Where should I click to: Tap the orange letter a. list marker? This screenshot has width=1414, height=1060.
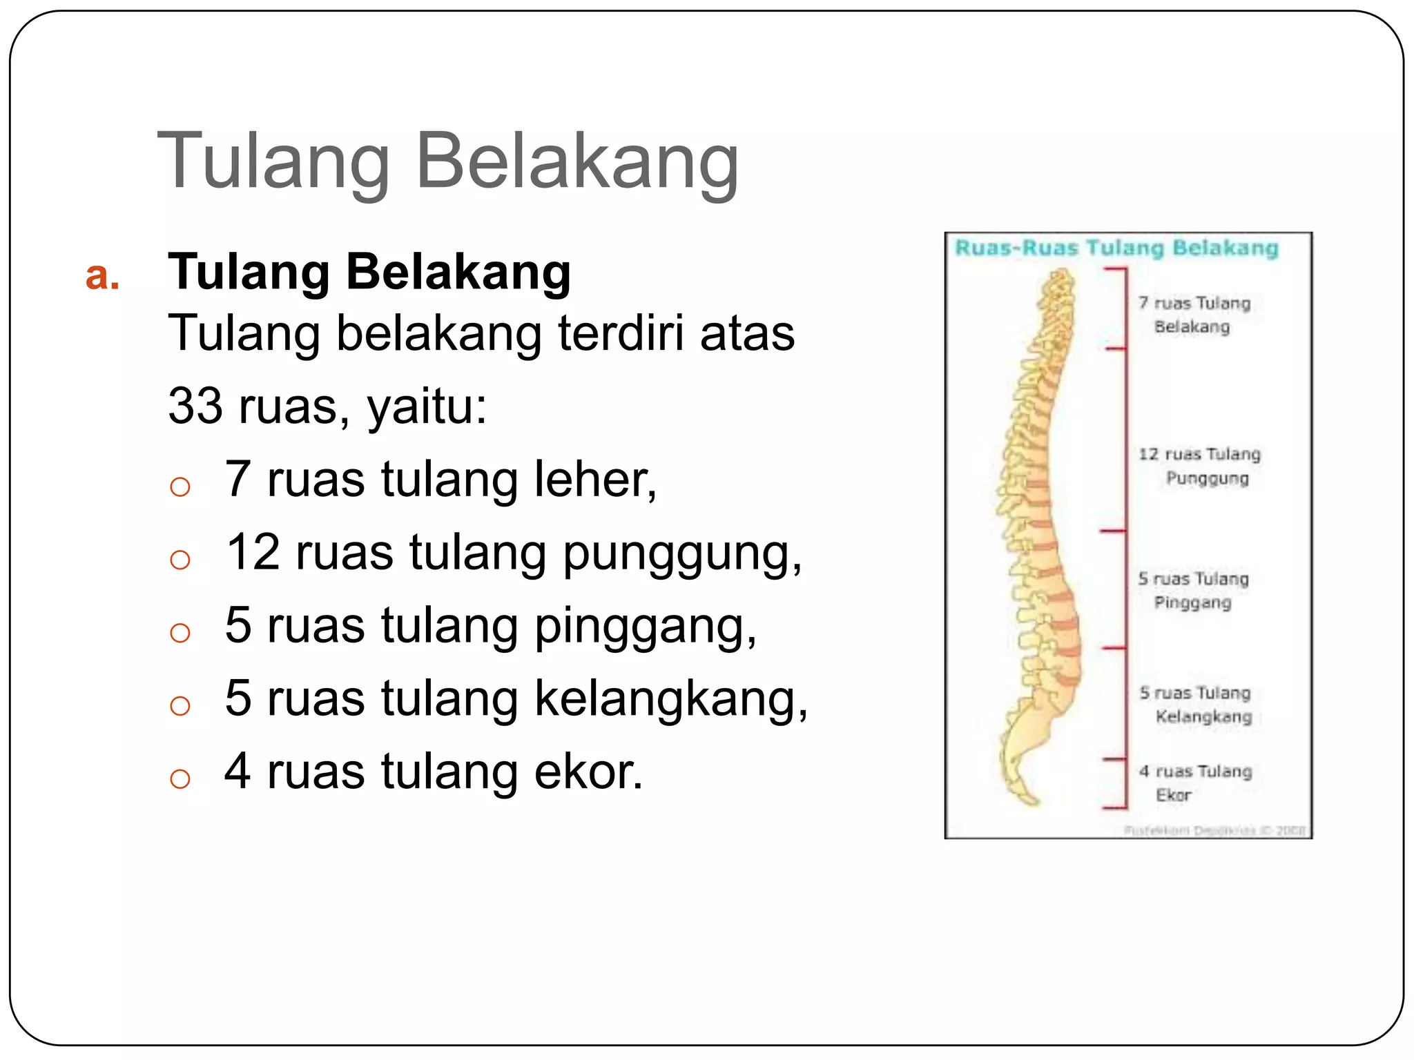[x=102, y=275]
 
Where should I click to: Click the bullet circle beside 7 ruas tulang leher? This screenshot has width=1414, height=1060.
[x=180, y=487]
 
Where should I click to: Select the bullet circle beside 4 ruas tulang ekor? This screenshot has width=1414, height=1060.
[x=180, y=778]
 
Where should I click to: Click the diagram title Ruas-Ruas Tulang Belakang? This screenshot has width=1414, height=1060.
[x=1116, y=248]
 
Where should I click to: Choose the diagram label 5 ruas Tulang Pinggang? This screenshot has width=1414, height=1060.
[x=1194, y=591]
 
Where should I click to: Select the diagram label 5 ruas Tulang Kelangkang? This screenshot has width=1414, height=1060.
[x=1197, y=705]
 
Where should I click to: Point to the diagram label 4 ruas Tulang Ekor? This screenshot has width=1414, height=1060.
[x=1195, y=783]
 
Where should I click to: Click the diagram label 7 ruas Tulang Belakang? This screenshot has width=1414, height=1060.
[x=1194, y=315]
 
